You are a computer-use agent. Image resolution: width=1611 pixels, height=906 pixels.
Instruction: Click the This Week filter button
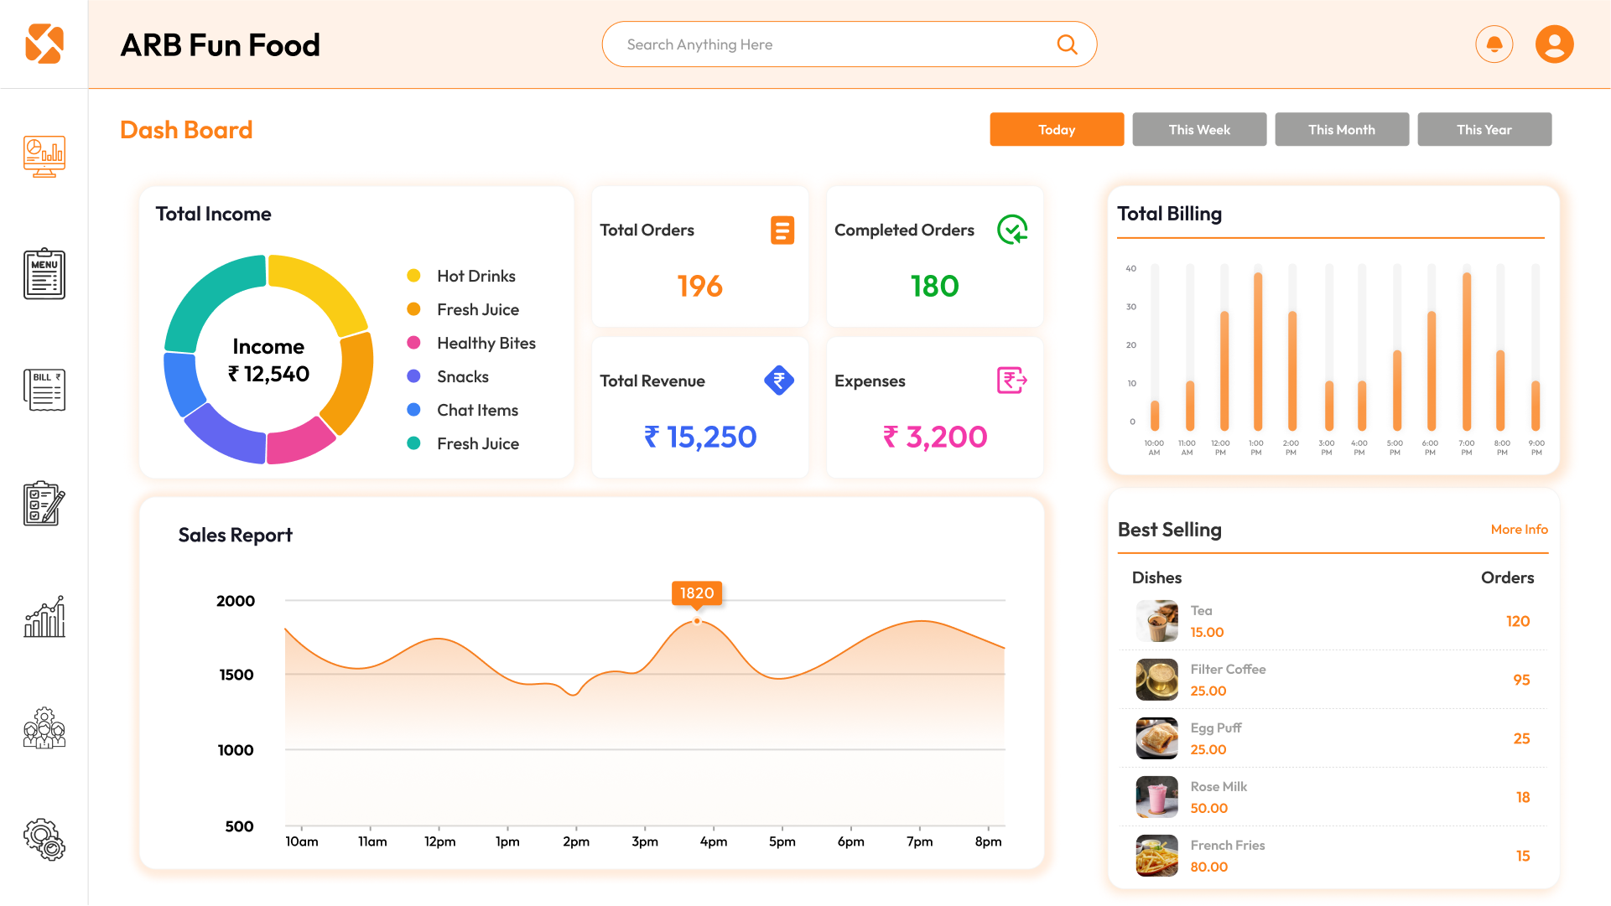pos(1199,129)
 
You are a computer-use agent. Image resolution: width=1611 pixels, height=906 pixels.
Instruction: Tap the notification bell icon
pos(1494,44)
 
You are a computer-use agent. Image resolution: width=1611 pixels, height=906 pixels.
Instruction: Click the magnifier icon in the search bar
pos(1067,44)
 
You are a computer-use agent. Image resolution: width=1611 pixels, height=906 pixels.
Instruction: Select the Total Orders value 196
pos(699,287)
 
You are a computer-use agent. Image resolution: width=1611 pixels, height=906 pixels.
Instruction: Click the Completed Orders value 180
pos(934,287)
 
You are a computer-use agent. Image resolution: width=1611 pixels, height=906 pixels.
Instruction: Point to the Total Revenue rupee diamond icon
pos(778,381)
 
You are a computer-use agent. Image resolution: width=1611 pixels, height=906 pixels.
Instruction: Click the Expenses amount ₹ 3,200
pos(934,437)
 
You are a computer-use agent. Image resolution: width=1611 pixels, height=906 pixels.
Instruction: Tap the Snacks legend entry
pos(462,376)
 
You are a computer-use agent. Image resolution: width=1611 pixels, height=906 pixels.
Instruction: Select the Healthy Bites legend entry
pos(486,343)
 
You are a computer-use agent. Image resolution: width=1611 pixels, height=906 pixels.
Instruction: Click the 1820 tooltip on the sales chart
pos(697,593)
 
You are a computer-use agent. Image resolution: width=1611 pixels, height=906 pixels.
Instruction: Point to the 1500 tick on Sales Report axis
pos(236,675)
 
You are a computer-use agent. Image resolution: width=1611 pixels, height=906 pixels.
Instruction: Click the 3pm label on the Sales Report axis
pos(644,841)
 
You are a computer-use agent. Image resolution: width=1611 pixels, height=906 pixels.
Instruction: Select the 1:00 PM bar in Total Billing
pos(1257,352)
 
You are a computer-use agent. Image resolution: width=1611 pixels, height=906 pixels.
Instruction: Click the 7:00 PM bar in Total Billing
pos(1466,352)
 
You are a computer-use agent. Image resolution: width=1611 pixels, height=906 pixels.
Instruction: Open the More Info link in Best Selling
pos(1519,530)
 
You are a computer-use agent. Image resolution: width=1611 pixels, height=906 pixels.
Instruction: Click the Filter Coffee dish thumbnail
pos(1156,680)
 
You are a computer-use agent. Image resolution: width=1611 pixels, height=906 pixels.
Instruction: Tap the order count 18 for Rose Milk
pos(1522,797)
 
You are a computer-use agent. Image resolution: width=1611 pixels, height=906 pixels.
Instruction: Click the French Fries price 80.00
pos(1208,867)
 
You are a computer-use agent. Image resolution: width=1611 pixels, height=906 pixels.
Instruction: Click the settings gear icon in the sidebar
pos(44,840)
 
